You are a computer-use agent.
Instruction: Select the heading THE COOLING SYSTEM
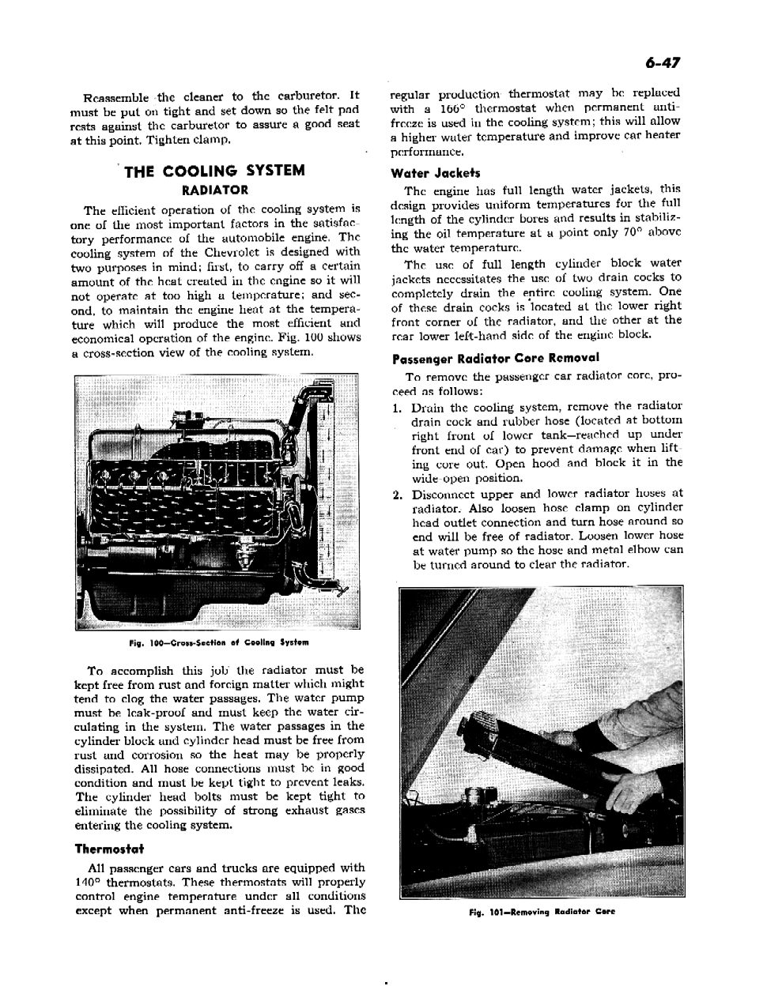(214, 171)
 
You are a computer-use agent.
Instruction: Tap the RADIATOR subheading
(214, 190)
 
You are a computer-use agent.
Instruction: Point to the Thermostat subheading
(109, 849)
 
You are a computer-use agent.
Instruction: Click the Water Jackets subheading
(435, 173)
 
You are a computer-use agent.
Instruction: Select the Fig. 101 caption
(541, 911)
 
